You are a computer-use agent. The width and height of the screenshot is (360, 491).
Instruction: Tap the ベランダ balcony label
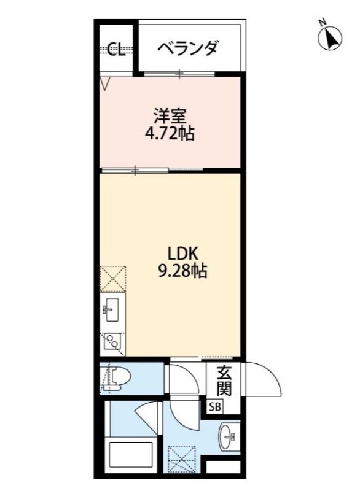click(x=187, y=48)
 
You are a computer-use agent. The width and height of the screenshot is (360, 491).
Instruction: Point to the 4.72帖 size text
click(x=169, y=133)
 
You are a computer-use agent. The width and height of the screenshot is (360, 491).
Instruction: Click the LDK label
click(x=181, y=253)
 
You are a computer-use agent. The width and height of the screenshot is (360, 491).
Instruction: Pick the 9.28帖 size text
click(x=182, y=270)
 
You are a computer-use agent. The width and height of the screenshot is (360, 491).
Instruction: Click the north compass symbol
click(x=329, y=37)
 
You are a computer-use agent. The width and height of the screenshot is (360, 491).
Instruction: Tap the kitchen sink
click(x=112, y=311)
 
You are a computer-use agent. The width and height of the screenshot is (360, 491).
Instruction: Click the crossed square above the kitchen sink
click(x=112, y=278)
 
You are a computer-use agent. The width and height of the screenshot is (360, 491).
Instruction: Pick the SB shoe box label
click(x=215, y=406)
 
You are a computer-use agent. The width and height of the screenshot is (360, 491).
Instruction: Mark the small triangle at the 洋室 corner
click(x=104, y=83)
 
